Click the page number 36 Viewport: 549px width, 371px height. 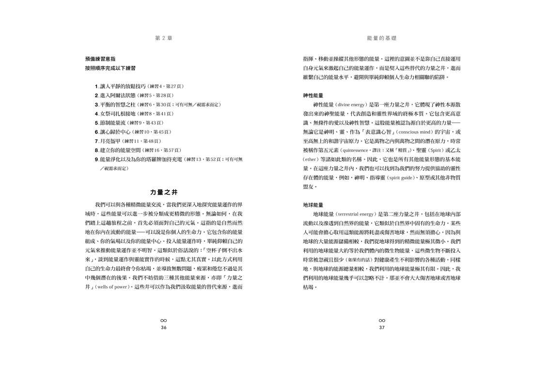(163, 327)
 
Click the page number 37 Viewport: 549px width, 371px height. (382, 327)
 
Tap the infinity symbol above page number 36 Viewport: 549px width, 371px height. (163, 321)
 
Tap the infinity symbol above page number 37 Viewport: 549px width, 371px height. (382, 321)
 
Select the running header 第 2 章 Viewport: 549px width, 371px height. (163, 38)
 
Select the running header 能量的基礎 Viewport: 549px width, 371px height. (382, 38)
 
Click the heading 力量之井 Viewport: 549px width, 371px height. (163, 192)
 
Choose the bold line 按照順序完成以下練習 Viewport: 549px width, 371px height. (110, 68)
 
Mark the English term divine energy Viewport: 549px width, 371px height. (351, 105)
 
